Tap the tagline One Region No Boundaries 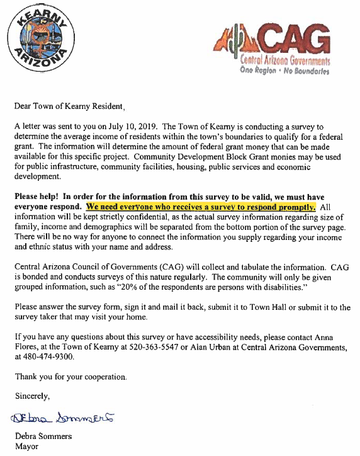coord(284,71)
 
